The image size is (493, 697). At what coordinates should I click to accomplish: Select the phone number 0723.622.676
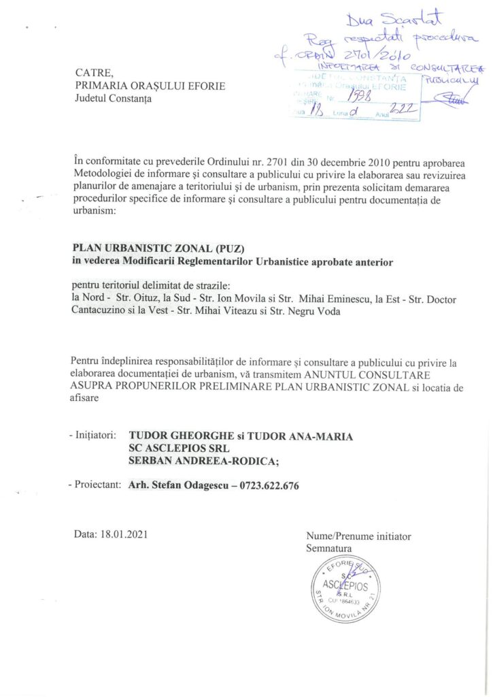tap(268, 485)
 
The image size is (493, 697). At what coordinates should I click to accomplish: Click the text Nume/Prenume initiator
tap(358, 536)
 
